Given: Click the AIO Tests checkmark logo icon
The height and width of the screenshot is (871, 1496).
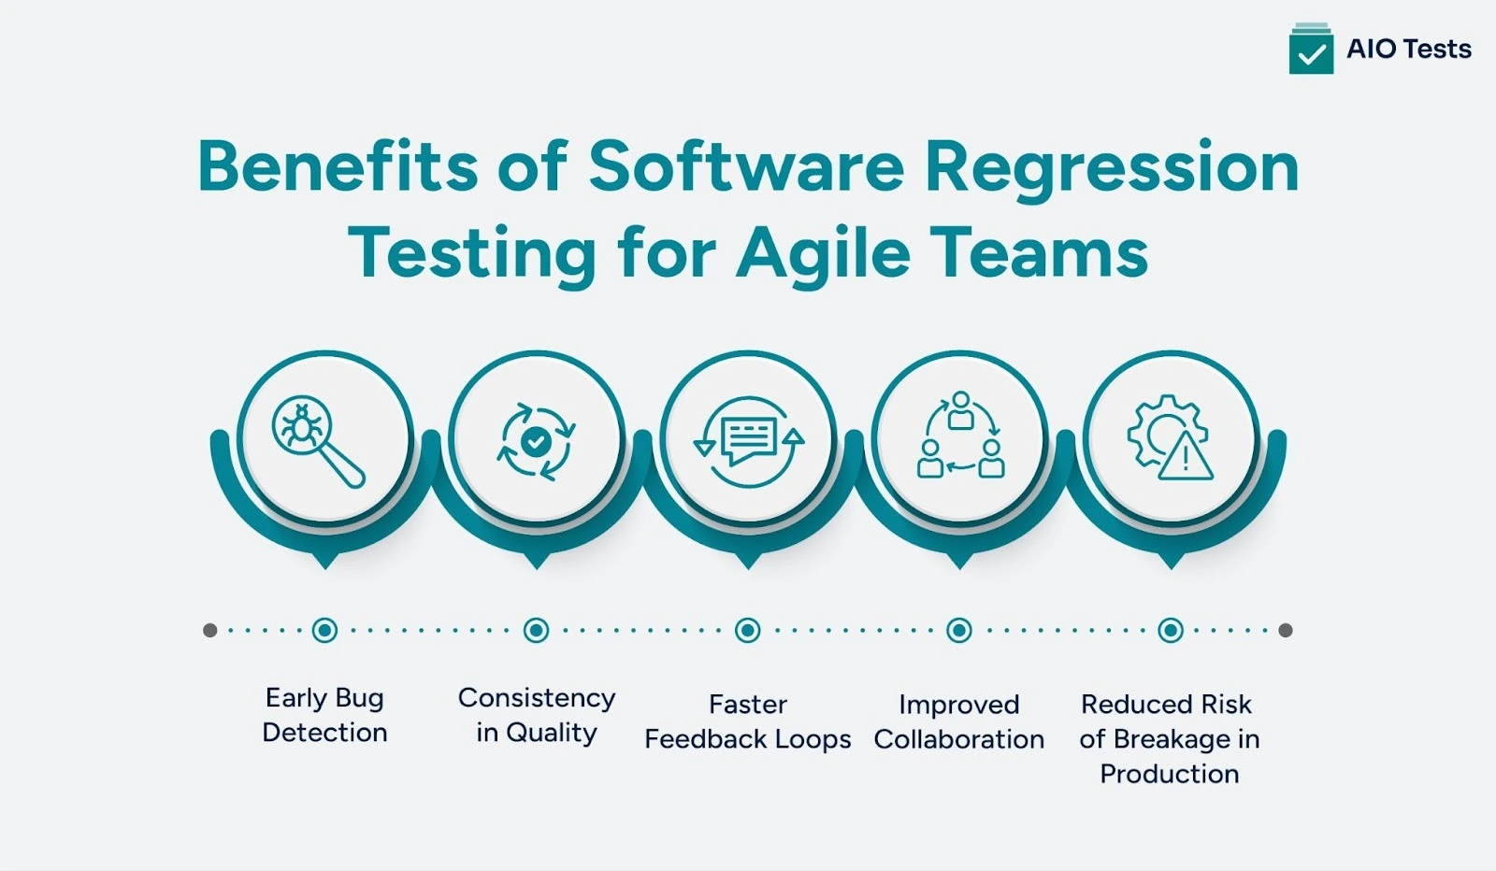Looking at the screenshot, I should coord(1311,50).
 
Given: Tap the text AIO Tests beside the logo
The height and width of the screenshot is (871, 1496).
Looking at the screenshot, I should coord(1408,50).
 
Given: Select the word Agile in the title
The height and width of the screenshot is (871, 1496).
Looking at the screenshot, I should coord(823,254).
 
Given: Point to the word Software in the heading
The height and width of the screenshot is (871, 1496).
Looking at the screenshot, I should coord(746,166).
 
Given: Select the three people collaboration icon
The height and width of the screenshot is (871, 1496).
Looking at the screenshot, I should coord(959,437).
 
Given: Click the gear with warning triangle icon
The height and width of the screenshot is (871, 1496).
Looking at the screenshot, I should coord(1171,437).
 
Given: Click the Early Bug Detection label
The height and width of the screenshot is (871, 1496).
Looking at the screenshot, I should coord(324,715).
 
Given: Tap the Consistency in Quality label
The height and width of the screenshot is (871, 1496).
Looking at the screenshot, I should coord(537,715).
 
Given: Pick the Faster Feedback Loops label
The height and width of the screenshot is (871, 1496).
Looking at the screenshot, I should coord(748,721).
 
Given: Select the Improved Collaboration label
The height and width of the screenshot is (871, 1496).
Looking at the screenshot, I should coord(959,721).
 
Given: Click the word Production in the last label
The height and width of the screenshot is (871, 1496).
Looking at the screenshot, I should coord(1170,774).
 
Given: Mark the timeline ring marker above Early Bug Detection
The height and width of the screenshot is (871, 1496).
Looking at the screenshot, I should coord(324,630).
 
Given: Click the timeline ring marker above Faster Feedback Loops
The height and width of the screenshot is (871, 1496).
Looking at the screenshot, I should coord(747,630).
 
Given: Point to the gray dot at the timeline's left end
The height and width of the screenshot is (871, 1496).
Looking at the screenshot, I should coord(210,630).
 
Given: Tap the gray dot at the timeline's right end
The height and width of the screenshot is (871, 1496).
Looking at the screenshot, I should coord(1286,630).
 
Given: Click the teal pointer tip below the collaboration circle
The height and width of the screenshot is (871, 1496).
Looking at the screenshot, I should coord(959,562).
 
